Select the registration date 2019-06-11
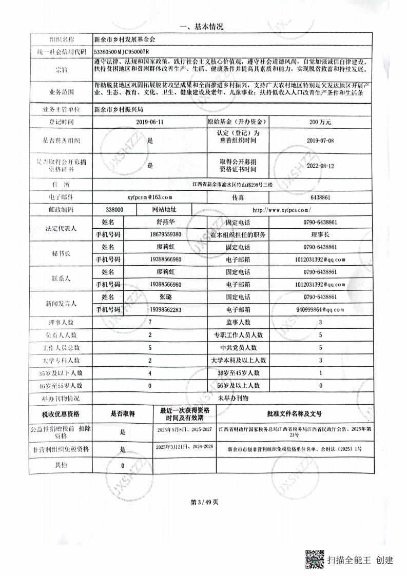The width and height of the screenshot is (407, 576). pos(150,123)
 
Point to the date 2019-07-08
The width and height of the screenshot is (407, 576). pos(320,140)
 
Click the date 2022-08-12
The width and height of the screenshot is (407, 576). pos(320,166)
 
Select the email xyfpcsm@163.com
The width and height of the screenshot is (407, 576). pos(149,196)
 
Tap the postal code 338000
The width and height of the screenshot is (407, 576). pos(114,210)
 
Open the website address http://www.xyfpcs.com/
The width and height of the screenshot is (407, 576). pos(282,210)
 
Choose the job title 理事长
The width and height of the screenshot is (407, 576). pos(320,234)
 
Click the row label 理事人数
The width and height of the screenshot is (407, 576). pos(60,323)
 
